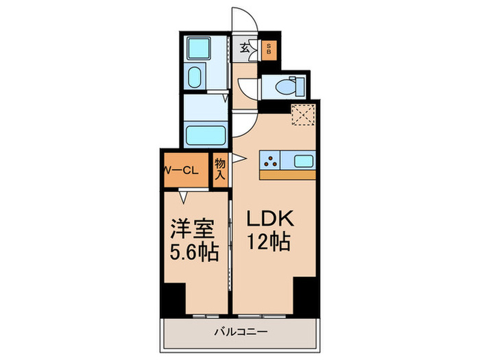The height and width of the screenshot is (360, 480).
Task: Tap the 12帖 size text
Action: [x=269, y=242]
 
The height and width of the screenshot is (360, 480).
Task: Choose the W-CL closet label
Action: [x=180, y=171]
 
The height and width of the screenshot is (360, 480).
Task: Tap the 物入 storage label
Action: [x=220, y=169]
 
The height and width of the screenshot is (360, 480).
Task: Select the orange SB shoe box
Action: [x=269, y=49]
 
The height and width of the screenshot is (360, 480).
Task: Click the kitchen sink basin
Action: [x=303, y=162]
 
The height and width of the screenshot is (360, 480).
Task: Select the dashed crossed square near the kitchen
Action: [x=302, y=114]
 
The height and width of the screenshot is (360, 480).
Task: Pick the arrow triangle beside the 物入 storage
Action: [x=237, y=159]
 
